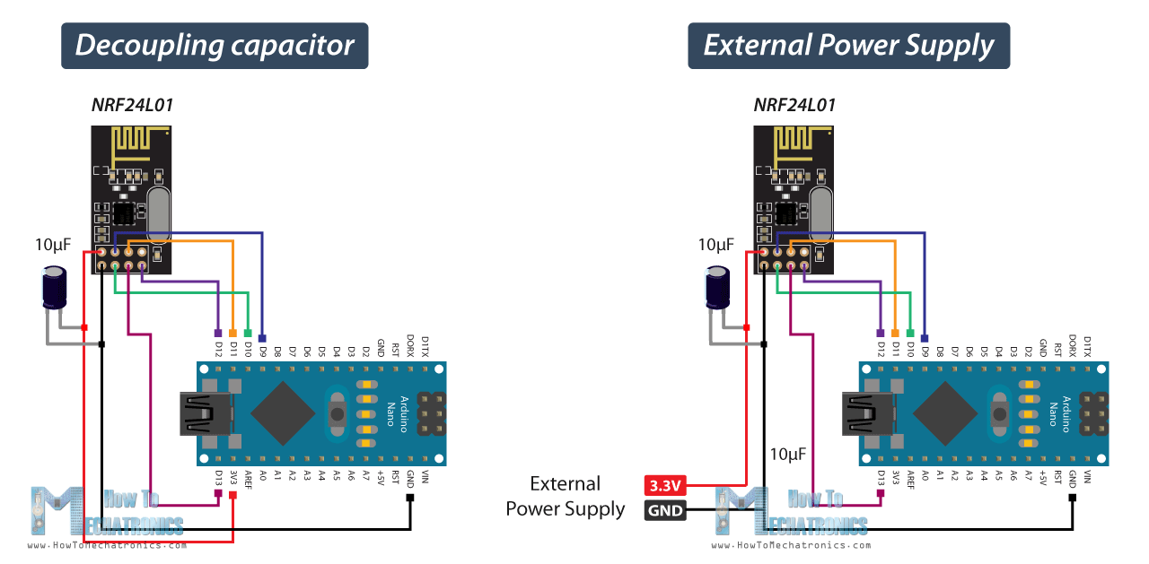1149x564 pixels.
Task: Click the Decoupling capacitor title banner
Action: pos(215,46)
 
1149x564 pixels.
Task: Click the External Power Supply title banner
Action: pos(848,46)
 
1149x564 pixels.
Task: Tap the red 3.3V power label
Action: pos(665,486)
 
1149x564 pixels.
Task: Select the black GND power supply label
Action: pos(665,512)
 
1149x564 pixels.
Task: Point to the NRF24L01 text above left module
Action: pos(132,105)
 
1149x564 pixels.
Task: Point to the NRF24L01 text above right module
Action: pos(794,105)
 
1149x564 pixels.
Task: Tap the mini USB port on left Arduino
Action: pos(206,414)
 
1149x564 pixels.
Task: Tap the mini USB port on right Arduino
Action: pos(868,414)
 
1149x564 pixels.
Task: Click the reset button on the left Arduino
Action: pos(338,413)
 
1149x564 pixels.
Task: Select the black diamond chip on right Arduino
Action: pos(945,414)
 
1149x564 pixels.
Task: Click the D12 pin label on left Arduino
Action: pos(218,348)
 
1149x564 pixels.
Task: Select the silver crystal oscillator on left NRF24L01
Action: pos(158,214)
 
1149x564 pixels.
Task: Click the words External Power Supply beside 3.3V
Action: pos(565,496)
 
